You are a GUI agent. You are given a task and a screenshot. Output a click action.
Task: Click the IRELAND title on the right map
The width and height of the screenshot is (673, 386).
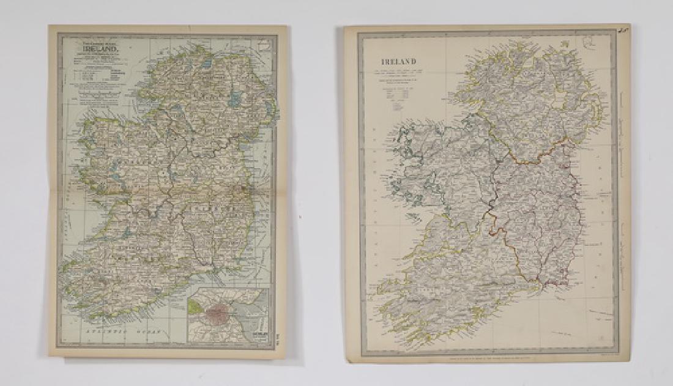click(399, 61)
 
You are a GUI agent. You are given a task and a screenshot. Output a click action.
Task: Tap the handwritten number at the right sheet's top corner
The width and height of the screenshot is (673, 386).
click(623, 29)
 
